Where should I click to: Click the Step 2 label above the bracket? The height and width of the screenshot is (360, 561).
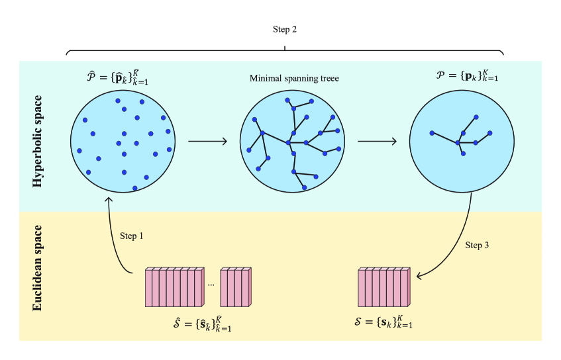point(285,29)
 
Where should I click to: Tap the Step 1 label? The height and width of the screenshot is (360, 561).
point(132,236)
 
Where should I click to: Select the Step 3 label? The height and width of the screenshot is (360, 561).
point(478,246)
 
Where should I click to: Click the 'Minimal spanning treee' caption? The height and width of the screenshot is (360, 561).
point(294,78)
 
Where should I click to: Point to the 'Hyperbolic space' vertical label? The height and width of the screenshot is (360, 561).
point(38,141)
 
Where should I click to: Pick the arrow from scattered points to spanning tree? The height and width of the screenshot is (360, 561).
point(207,141)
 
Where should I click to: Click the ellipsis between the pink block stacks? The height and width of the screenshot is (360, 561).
point(211,285)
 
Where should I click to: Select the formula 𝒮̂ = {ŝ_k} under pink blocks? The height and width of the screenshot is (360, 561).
point(202,325)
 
